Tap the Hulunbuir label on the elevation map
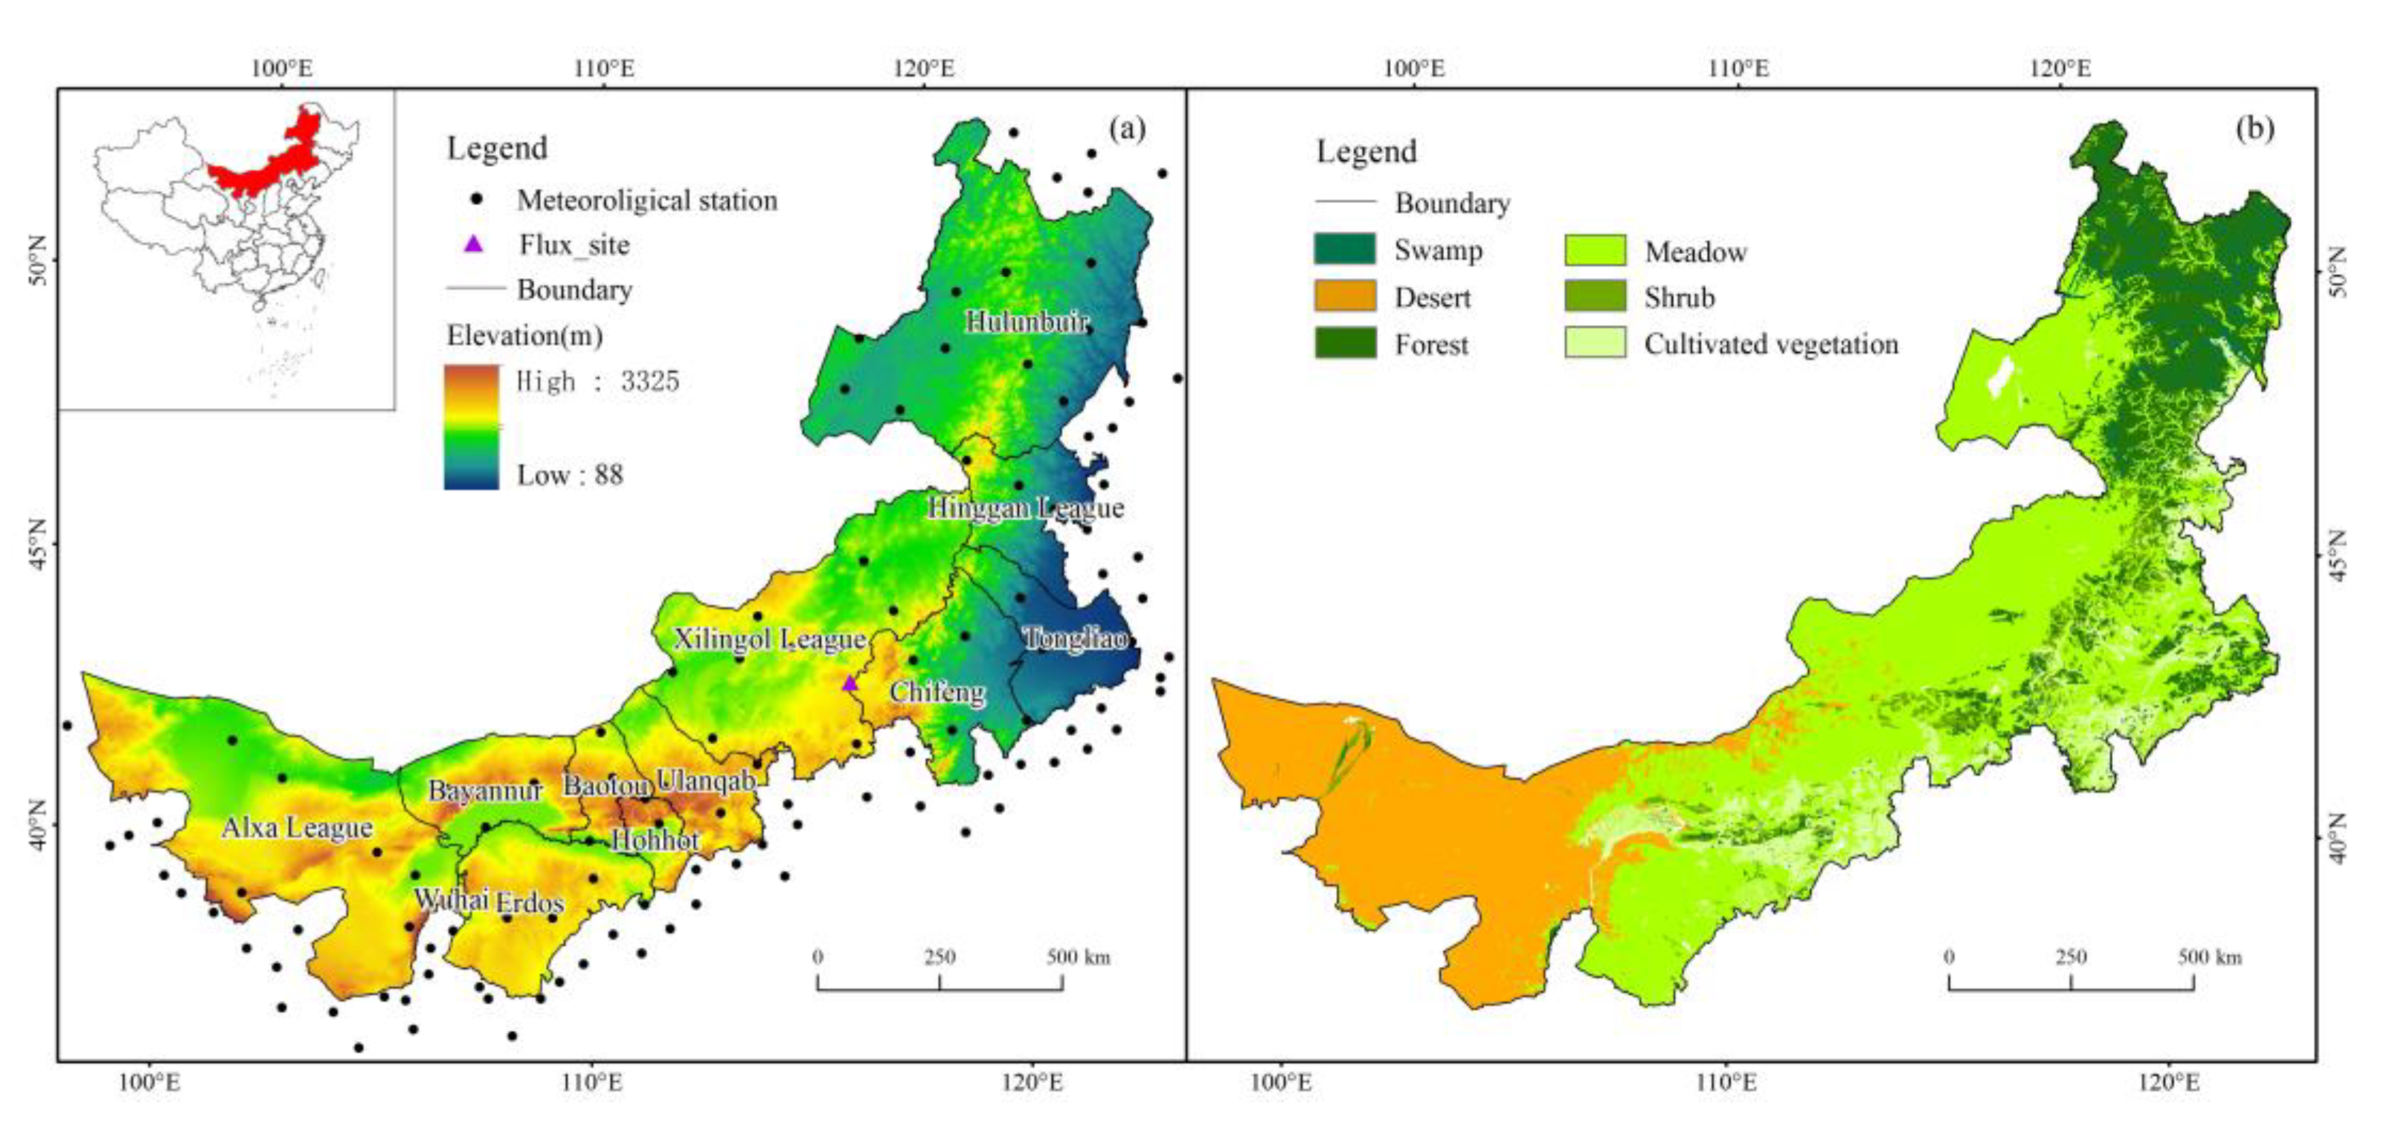(1027, 322)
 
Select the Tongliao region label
(1076, 637)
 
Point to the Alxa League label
(297, 827)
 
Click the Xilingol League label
(770, 639)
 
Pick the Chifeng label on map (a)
(936, 691)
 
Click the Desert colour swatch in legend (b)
(1345, 297)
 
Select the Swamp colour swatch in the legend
(1345, 250)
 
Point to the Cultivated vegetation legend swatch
(1594, 343)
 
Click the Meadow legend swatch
(1594, 251)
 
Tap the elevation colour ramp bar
(471, 427)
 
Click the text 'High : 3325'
(597, 380)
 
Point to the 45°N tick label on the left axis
(37, 542)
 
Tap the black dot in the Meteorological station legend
(476, 199)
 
